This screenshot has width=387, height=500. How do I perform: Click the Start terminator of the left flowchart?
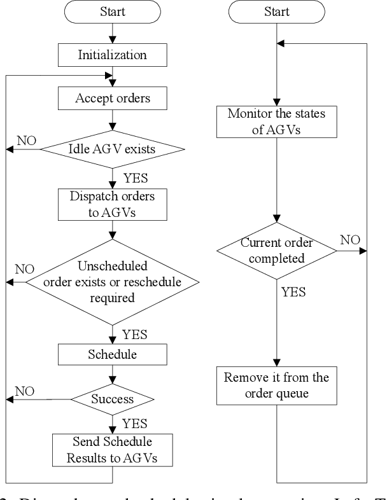[112, 12]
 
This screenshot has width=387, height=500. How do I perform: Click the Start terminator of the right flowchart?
[276, 12]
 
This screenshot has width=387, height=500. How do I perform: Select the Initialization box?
[112, 55]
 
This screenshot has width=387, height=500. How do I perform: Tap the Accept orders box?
[112, 98]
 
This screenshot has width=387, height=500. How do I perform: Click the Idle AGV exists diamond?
[112, 149]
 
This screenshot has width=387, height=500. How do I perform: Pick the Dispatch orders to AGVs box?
[112, 203]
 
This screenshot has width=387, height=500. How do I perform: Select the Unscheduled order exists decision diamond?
[112, 281]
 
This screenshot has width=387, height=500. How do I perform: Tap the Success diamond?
[112, 399]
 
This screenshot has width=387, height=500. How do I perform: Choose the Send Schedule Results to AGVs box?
[112, 449]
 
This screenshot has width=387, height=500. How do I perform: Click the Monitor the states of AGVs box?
[276, 122]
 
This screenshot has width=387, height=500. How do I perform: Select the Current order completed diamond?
[276, 251]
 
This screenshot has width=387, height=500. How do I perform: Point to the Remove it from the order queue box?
[276, 385]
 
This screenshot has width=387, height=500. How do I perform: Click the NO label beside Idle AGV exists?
[27, 140]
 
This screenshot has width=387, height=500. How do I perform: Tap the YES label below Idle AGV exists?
[136, 179]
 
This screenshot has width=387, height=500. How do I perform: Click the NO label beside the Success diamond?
[24, 391]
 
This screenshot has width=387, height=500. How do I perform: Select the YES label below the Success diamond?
[135, 424]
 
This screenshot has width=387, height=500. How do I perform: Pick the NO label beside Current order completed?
[350, 240]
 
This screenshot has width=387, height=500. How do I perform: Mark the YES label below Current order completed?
[293, 293]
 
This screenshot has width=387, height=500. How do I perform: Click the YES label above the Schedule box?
[135, 334]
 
